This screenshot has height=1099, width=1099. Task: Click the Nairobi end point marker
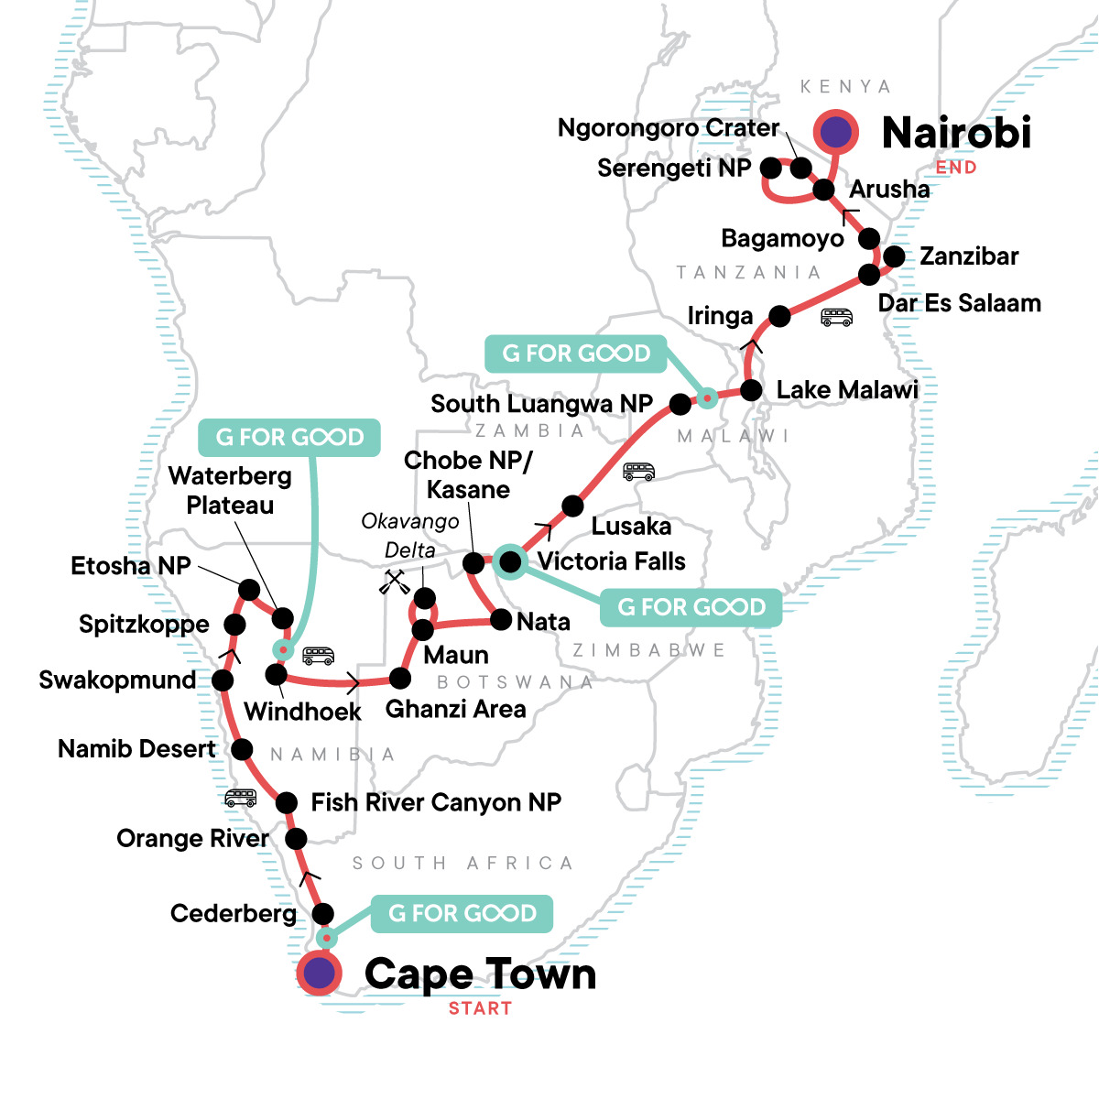(835, 133)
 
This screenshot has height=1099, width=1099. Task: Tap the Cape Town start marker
(319, 974)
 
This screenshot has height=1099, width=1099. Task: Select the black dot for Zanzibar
(894, 256)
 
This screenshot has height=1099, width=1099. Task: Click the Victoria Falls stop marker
(510, 560)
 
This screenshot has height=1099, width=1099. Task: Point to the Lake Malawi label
(846, 390)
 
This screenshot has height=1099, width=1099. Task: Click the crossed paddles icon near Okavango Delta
(395, 582)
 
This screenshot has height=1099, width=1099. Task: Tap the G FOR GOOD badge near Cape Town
(462, 913)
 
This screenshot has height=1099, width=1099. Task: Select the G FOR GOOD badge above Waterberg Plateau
(289, 438)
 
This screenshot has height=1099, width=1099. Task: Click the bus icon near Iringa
(836, 318)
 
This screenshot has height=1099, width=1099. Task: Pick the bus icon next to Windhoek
(319, 656)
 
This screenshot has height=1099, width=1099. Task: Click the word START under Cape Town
(480, 1008)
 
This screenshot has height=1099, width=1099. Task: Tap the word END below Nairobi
(956, 168)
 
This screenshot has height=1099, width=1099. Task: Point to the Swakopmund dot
(222, 680)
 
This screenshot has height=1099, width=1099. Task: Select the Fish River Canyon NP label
(436, 803)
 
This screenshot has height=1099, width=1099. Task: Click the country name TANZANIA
(748, 272)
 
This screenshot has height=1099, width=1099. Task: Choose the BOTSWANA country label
(515, 682)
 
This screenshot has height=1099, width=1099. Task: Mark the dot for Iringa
(779, 316)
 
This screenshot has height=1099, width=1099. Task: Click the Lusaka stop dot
(572, 506)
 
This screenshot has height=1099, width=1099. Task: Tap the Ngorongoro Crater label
(669, 128)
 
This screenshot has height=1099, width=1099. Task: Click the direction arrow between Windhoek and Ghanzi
(353, 682)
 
